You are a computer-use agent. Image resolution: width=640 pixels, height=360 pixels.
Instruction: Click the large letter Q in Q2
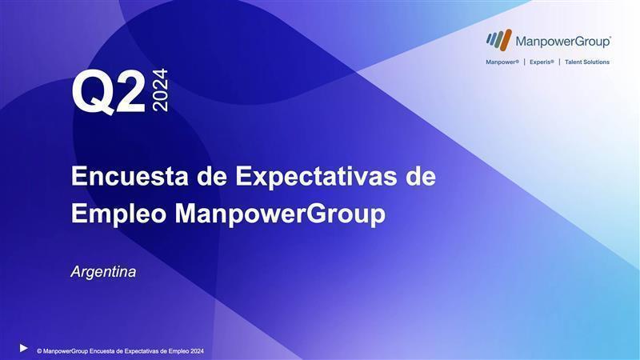point(93,93)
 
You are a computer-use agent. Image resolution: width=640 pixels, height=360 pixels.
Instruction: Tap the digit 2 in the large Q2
point(131,91)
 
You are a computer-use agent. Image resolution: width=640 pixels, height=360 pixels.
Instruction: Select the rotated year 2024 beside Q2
point(160,90)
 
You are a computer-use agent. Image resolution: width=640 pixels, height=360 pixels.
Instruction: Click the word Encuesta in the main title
point(130,176)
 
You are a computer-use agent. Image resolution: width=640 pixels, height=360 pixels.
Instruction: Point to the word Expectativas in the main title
point(316,177)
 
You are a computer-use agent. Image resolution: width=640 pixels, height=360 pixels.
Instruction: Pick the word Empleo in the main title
point(118,214)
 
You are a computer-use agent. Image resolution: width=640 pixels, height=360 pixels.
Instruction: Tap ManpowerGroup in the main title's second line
point(281,214)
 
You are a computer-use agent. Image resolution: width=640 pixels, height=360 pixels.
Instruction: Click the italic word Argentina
point(104,272)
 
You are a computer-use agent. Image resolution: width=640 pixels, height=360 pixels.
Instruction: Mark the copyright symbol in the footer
point(39,351)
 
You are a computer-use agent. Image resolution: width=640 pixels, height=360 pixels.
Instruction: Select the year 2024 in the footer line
point(197,351)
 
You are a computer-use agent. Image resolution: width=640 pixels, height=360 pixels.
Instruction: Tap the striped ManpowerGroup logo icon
point(498,40)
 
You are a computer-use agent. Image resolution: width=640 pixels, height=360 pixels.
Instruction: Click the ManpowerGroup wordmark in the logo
point(563,42)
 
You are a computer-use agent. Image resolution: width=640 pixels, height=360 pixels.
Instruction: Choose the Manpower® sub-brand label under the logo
point(502,62)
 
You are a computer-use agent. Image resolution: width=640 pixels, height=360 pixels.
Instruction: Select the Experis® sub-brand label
point(542,62)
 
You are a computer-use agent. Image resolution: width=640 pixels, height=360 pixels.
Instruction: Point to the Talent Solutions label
point(587,62)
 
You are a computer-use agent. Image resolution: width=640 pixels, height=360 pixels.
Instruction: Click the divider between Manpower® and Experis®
point(525,62)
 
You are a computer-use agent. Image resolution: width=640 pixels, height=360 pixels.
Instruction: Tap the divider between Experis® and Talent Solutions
point(559,62)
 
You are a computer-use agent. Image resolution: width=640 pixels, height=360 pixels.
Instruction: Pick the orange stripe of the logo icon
point(506,40)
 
